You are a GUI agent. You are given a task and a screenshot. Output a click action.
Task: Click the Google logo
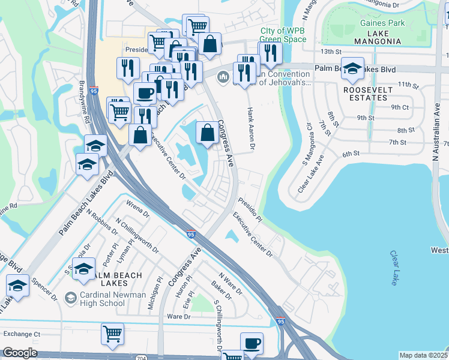tap(20, 353)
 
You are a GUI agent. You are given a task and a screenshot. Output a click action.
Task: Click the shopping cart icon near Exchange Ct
tap(112, 334)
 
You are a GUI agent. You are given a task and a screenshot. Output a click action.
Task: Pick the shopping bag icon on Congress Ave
tap(207, 133)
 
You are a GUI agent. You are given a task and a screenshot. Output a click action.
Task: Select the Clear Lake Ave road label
tap(311, 175)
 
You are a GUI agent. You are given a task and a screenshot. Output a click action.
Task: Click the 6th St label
tap(351, 154)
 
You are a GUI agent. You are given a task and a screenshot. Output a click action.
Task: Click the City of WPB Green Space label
tap(283, 35)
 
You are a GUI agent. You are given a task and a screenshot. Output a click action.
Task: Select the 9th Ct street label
tap(399, 107)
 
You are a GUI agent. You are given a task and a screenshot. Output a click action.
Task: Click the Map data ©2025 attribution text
tap(423, 355)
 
